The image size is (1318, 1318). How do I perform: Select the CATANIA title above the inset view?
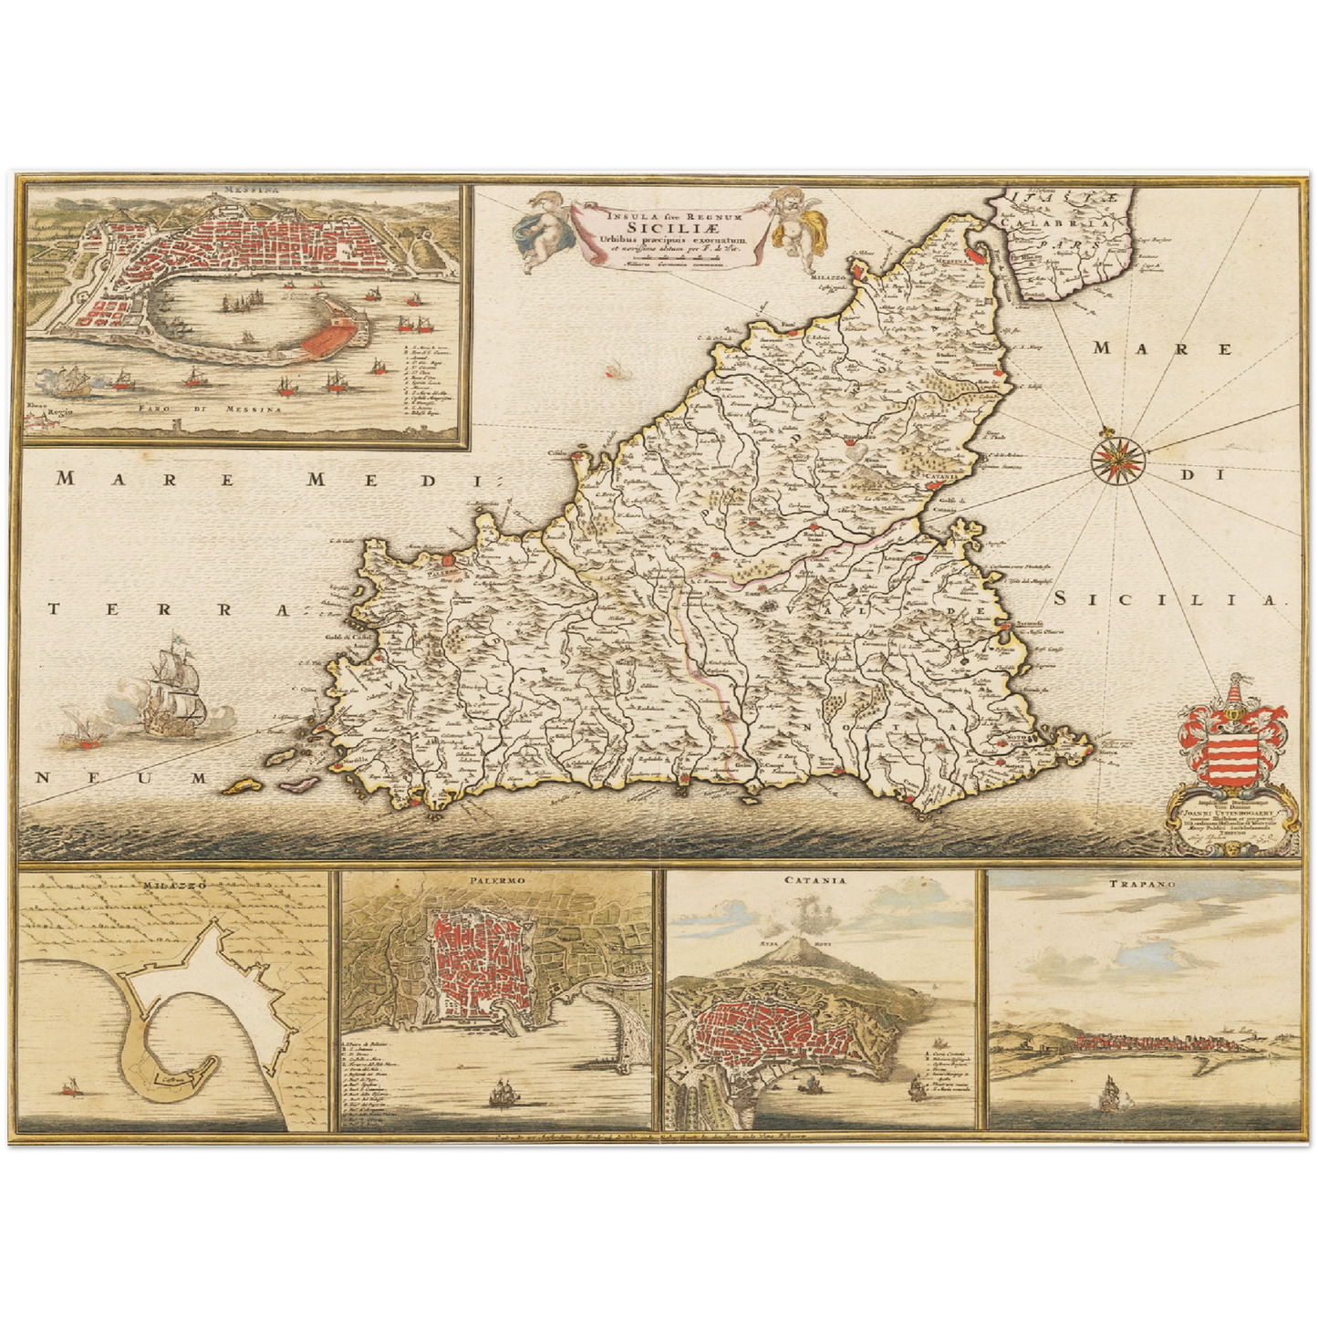click(x=820, y=883)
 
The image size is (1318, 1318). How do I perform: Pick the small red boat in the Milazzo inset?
click(x=68, y=1085)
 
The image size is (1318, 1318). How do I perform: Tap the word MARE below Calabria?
click(x=1162, y=348)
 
